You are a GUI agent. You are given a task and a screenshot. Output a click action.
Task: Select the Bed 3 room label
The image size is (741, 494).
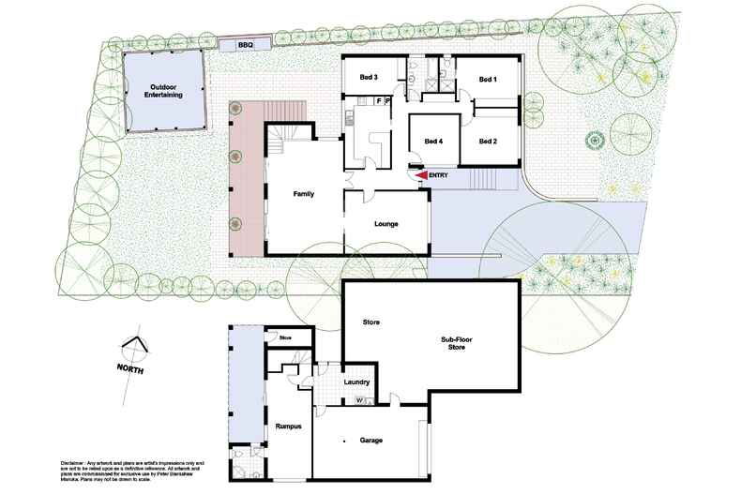(x=368, y=77)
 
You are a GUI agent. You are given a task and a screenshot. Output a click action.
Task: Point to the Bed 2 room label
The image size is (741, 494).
(x=486, y=142)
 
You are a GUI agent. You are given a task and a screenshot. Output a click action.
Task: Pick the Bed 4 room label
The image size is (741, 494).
(x=432, y=142)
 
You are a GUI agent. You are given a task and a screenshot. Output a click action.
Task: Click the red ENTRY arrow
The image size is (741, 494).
(x=421, y=174)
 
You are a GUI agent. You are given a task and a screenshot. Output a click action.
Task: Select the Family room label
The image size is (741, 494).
(x=303, y=194)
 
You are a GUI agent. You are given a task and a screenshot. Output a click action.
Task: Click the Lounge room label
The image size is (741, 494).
(x=386, y=225)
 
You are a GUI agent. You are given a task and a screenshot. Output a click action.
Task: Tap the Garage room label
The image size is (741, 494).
(x=369, y=440)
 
